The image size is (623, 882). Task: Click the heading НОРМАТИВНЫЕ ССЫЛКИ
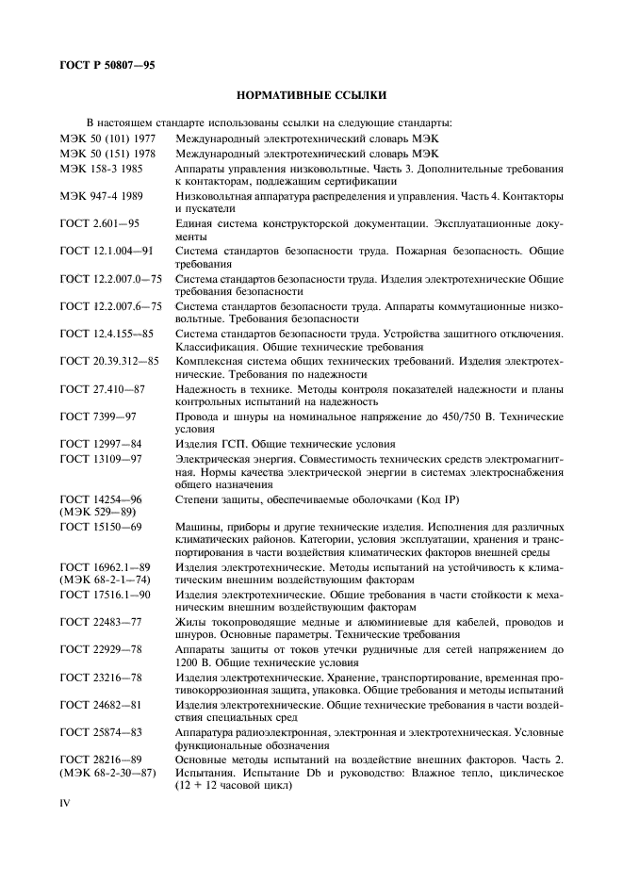point(312,95)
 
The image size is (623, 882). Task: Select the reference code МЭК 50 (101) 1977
point(108,139)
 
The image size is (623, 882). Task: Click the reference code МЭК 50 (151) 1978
point(108,154)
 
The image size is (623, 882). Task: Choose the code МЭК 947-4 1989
point(102,196)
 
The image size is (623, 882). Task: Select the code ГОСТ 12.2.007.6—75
point(110,306)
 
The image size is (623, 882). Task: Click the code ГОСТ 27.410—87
point(102,388)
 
